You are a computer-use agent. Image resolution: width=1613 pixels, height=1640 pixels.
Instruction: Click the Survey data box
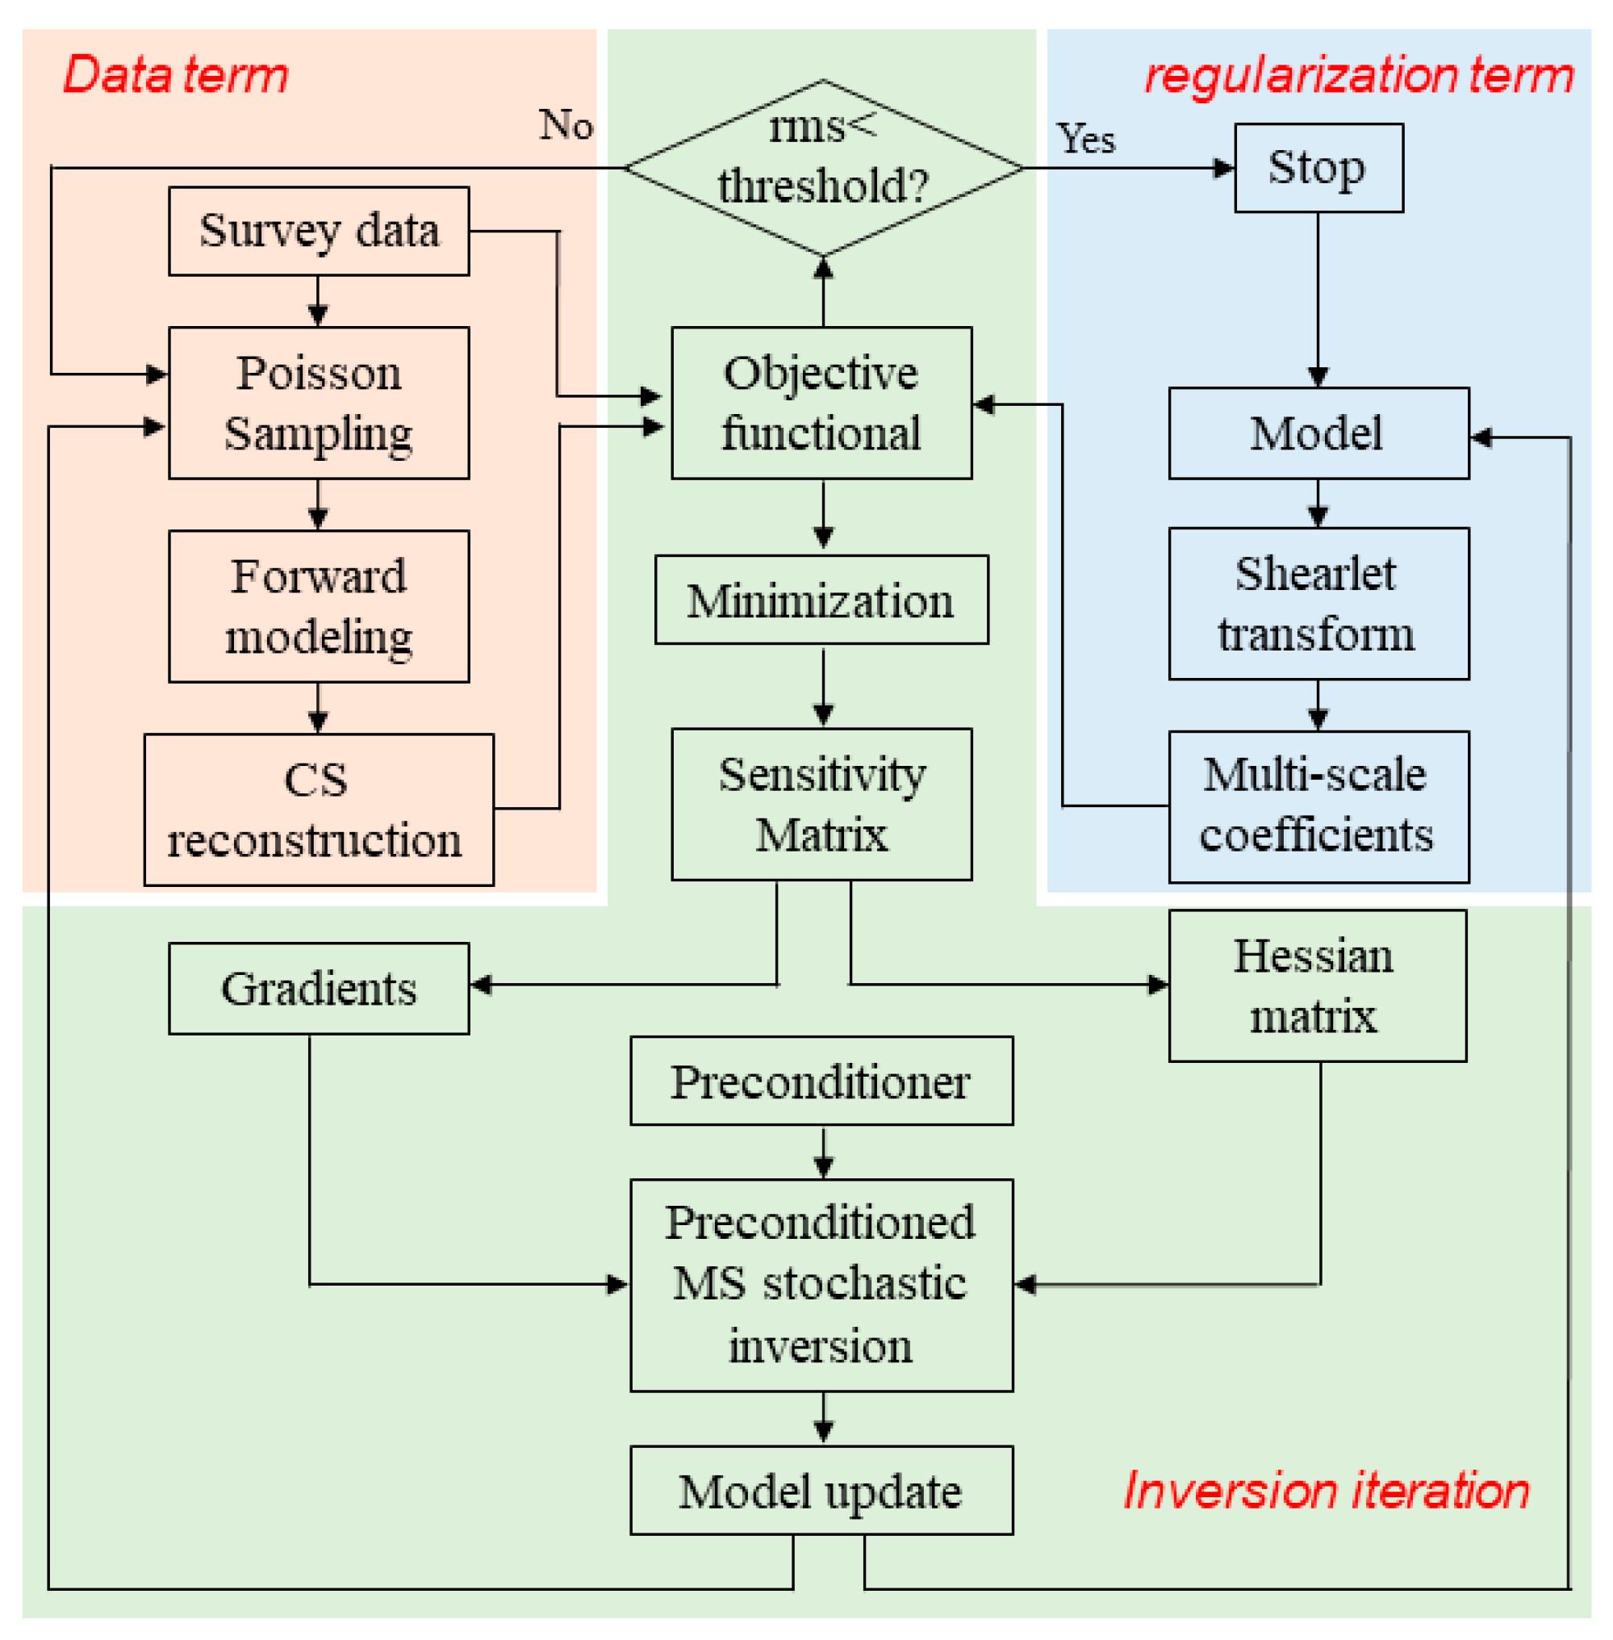tap(319, 231)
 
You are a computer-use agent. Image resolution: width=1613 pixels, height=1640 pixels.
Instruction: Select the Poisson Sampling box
tap(319, 403)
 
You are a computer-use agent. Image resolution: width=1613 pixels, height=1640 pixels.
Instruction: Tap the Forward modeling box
tap(319, 606)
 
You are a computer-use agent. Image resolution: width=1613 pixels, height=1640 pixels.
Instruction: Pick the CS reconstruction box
tap(319, 810)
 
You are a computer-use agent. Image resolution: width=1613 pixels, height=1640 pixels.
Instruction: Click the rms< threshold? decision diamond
tap(822, 168)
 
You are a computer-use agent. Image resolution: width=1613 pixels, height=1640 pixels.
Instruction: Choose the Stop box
tap(1318, 168)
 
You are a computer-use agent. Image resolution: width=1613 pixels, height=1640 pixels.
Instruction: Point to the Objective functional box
tap(821, 403)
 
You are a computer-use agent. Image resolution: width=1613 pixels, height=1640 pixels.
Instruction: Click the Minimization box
tap(821, 600)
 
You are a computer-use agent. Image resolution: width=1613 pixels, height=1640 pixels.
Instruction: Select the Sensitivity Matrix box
tap(821, 804)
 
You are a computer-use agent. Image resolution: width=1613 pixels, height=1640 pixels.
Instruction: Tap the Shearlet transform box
tap(1318, 604)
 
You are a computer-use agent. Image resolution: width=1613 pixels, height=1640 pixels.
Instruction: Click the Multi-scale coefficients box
tap(1318, 806)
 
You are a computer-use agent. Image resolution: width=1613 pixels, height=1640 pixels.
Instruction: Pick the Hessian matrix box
tap(1317, 985)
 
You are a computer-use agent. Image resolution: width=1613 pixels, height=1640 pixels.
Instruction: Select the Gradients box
tap(319, 988)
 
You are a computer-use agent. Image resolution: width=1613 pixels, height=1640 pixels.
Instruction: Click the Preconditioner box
tap(821, 1081)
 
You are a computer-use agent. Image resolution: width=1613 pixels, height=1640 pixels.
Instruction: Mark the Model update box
tap(821, 1491)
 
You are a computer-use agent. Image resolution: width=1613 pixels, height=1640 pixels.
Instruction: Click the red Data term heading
tap(176, 74)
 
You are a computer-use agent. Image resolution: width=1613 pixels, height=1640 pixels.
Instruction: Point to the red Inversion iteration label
tap(1326, 1490)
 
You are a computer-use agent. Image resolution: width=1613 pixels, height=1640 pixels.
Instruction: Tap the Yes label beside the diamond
tap(1085, 138)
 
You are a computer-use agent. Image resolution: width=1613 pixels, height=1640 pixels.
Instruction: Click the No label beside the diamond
tap(566, 124)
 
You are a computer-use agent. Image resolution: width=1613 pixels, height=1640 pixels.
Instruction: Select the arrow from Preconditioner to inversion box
tap(822, 1152)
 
